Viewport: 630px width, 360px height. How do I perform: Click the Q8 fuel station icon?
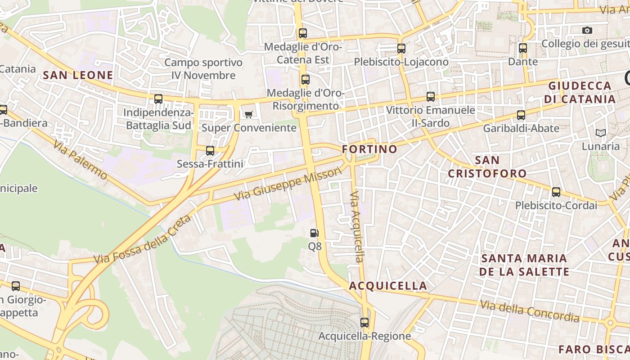point(315,233)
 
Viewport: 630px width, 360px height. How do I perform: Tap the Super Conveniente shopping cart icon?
point(248,114)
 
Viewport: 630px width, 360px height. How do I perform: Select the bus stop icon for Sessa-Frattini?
point(210,151)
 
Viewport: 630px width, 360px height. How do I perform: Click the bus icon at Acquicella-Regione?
point(364,323)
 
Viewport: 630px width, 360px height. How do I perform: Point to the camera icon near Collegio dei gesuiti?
point(587,31)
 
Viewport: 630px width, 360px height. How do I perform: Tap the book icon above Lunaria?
point(600,133)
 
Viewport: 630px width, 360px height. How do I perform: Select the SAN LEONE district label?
point(78,75)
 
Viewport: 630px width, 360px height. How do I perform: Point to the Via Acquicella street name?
point(357,227)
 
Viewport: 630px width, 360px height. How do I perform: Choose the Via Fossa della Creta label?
point(143,240)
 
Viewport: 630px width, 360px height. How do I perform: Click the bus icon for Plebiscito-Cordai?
point(556,192)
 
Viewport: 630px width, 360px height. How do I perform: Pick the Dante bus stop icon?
point(522,48)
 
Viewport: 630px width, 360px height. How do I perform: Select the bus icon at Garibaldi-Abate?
point(521,115)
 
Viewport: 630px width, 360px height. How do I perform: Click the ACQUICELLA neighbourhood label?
point(388,286)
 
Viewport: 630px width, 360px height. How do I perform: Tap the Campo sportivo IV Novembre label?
point(203,69)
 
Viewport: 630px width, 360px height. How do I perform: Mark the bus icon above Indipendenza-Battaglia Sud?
point(158,99)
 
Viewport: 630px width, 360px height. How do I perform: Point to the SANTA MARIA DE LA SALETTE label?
point(524,265)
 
